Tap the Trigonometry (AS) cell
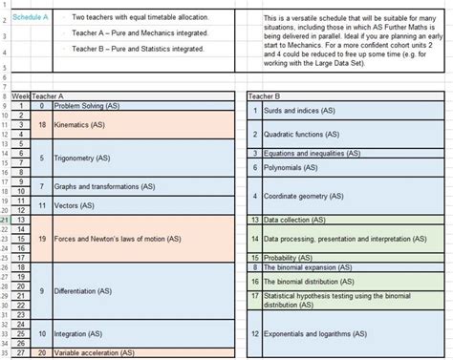point(82,159)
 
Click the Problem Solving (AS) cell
point(87,106)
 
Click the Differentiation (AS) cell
point(86,290)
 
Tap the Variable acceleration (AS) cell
point(93,353)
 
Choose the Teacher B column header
point(264,96)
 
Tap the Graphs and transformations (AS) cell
point(104,186)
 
